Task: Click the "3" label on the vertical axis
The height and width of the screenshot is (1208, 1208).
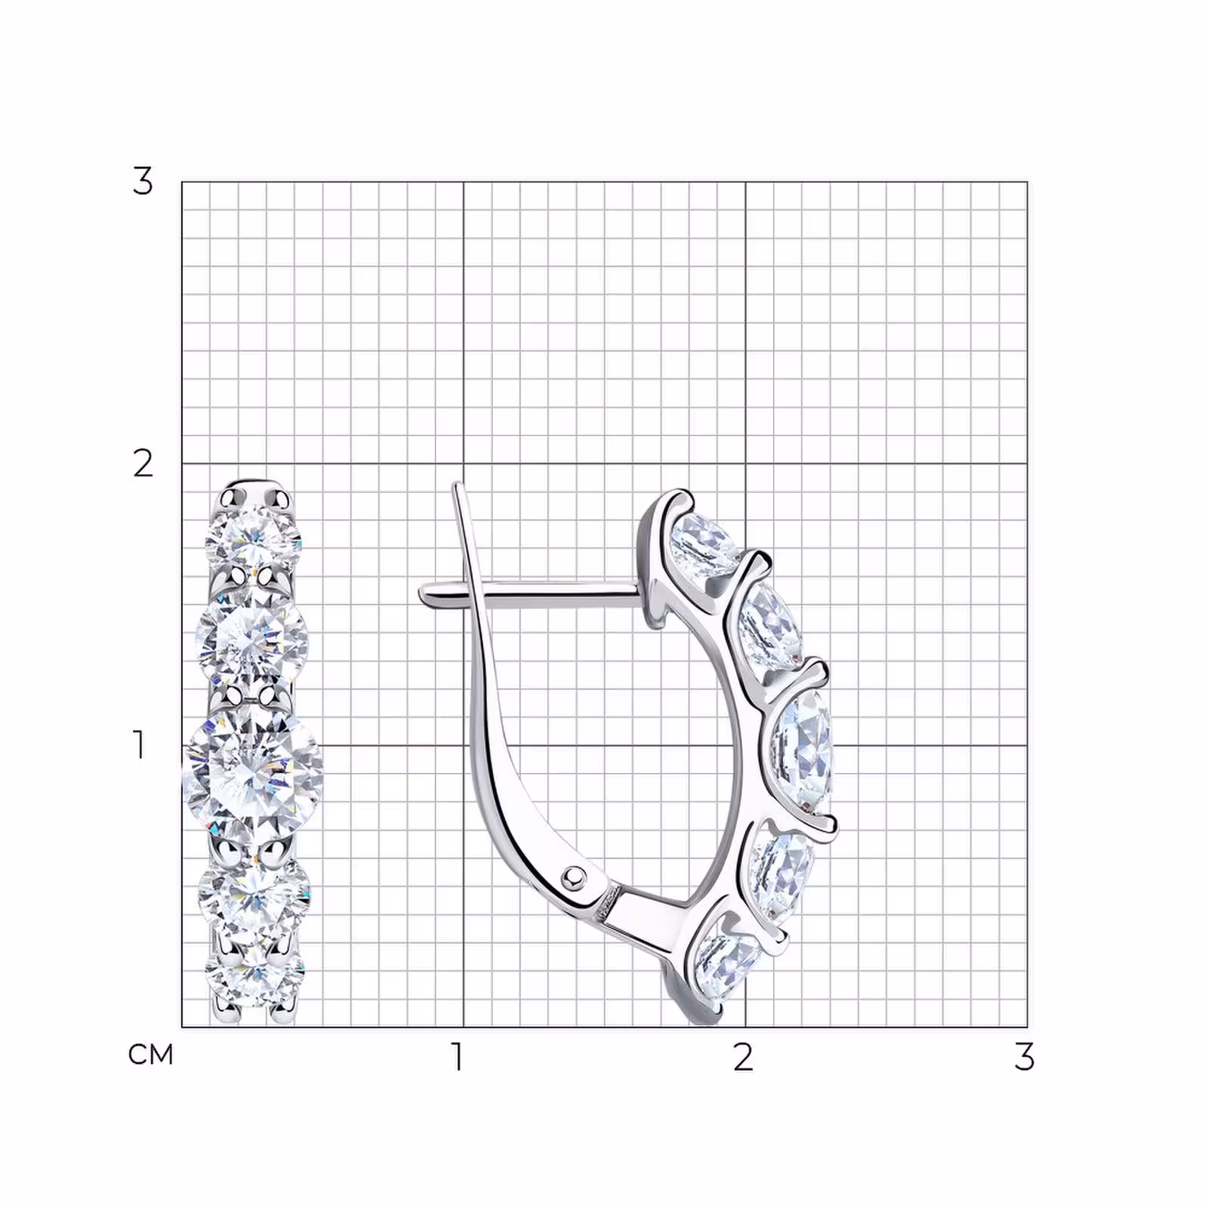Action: tap(142, 181)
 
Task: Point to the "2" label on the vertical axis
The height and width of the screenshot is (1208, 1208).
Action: tap(143, 463)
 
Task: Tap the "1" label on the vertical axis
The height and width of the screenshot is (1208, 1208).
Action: tap(139, 744)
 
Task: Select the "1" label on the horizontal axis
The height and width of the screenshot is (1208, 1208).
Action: tap(457, 1057)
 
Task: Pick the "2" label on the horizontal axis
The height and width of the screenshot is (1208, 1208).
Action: tap(743, 1057)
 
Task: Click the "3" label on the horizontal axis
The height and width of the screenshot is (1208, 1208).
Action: tap(1024, 1057)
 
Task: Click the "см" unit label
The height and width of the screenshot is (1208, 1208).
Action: tap(151, 1054)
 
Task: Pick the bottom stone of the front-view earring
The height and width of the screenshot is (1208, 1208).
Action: tap(254, 978)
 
